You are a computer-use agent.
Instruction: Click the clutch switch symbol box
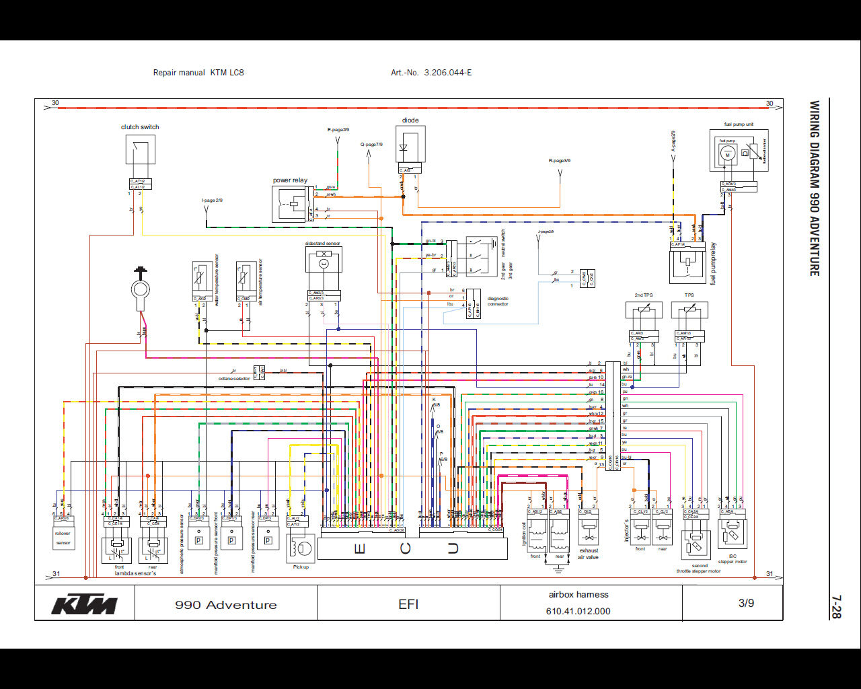[140, 149]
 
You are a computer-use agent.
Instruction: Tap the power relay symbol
[291, 203]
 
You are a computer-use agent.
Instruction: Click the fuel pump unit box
[739, 151]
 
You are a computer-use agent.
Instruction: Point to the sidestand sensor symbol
[324, 260]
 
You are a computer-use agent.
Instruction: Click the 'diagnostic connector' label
[498, 301]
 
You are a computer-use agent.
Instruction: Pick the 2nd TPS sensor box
[644, 310]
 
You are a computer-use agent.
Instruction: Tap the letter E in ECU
[360, 549]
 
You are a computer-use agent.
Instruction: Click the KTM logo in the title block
[85, 604]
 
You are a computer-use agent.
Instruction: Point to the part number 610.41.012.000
[578, 612]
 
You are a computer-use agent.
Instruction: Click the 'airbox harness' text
[578, 595]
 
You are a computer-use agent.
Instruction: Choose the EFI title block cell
[408, 604]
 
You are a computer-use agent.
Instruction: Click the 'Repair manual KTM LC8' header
[198, 73]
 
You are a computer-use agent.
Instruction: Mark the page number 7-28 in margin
[835, 606]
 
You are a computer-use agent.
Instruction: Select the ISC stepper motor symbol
[732, 535]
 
